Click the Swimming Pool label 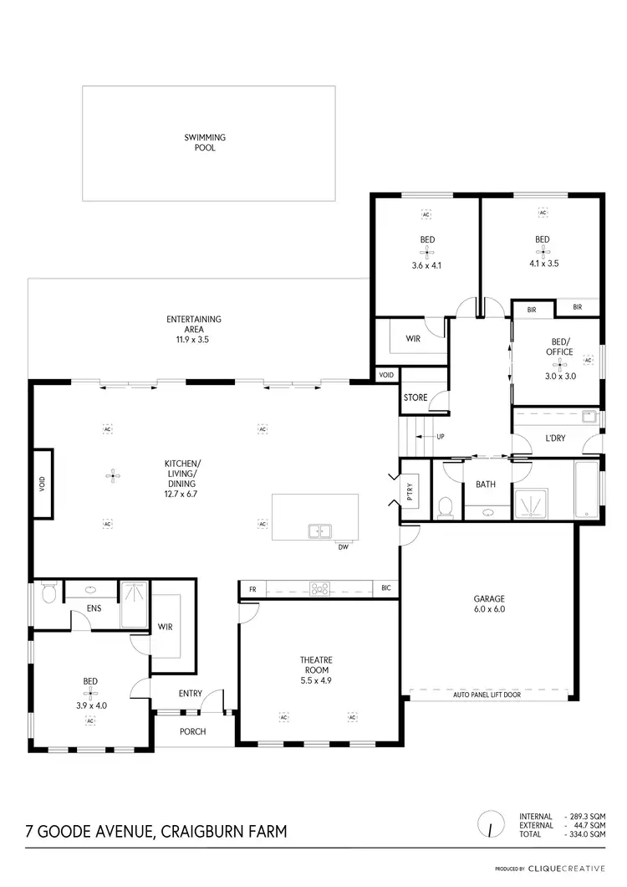click(205, 142)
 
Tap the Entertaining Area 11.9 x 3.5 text click(193, 329)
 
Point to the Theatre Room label click(315, 664)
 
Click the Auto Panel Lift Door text click(487, 695)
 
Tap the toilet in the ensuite click(48, 593)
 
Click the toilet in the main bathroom click(446, 507)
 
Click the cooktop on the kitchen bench click(319, 588)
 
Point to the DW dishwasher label click(343, 548)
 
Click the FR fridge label click(252, 589)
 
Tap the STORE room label click(415, 397)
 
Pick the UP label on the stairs click(441, 437)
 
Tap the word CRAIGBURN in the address click(204, 831)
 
